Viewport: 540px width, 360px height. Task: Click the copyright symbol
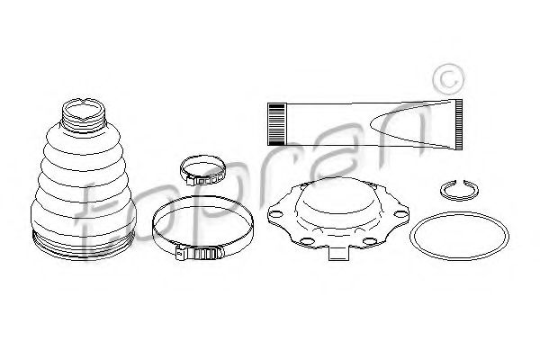(447, 79)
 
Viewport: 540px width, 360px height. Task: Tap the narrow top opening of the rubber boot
(84, 109)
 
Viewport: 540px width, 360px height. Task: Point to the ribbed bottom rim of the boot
(84, 247)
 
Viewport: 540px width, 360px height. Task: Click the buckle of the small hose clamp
(206, 180)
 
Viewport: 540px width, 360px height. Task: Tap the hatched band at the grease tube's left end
(276, 124)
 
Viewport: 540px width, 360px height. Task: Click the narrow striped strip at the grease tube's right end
(458, 125)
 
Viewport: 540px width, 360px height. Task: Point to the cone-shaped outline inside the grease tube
(400, 124)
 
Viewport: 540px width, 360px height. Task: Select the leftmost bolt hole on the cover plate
(276, 214)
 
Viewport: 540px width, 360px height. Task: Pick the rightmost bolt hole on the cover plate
(400, 214)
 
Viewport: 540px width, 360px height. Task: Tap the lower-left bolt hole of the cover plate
(306, 241)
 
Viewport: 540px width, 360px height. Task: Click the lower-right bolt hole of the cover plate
(369, 241)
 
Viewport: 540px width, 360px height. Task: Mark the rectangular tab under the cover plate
(339, 253)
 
